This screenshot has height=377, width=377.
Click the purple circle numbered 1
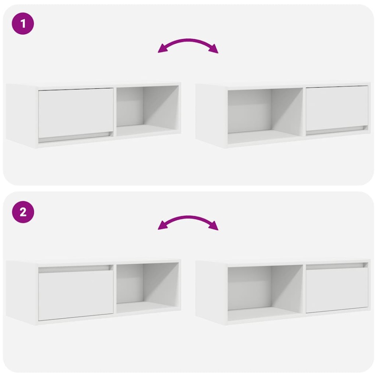click(x=23, y=23)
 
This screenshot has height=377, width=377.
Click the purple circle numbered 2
click(x=23, y=212)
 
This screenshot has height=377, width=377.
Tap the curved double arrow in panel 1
click(x=188, y=41)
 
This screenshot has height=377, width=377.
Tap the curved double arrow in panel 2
click(x=188, y=219)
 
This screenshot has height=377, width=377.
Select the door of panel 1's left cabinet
click(x=76, y=112)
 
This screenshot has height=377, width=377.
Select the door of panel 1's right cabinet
click(x=337, y=107)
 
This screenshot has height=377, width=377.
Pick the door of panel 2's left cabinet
click(x=76, y=295)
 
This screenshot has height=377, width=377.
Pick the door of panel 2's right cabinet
click(x=337, y=289)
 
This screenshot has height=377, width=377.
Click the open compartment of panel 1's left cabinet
click(x=147, y=109)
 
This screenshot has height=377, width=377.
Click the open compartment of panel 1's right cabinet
click(x=265, y=113)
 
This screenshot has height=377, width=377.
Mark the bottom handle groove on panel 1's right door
click(x=337, y=130)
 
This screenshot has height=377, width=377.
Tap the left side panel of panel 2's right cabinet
click(x=211, y=293)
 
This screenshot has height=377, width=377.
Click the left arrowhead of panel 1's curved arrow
click(x=162, y=50)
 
